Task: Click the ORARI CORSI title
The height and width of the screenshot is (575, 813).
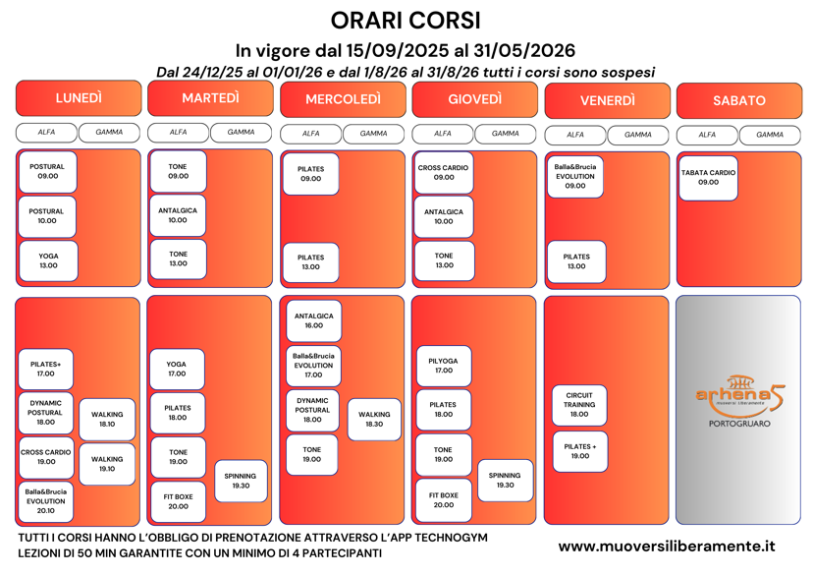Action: (406, 20)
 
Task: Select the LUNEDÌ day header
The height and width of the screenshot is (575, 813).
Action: (79, 98)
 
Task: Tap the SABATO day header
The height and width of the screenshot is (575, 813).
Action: (738, 100)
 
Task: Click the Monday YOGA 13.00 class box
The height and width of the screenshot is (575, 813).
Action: (47, 260)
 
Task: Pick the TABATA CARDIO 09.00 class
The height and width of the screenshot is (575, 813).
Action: (708, 177)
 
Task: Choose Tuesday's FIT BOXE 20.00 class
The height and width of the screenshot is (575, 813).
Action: (178, 501)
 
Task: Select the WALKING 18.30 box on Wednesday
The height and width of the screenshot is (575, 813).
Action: (374, 420)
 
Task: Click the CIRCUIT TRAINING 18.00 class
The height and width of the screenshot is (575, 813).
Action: (579, 404)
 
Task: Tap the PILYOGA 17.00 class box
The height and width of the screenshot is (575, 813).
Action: (444, 366)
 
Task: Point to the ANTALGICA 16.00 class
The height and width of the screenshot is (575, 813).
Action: (313, 320)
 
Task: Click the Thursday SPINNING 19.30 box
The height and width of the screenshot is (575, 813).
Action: (505, 480)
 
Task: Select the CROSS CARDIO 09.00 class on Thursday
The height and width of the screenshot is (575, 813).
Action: (444, 172)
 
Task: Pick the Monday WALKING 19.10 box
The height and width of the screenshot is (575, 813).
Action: (107, 463)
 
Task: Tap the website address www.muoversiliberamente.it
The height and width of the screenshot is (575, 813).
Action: (667, 546)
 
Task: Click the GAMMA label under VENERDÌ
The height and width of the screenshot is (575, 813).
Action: (637, 135)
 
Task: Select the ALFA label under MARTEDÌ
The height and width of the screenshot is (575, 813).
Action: (178, 132)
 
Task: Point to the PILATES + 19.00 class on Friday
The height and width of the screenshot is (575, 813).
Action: (579, 451)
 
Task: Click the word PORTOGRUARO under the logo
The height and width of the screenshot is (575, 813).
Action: (739, 424)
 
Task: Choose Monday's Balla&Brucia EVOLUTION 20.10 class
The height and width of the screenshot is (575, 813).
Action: (46, 500)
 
